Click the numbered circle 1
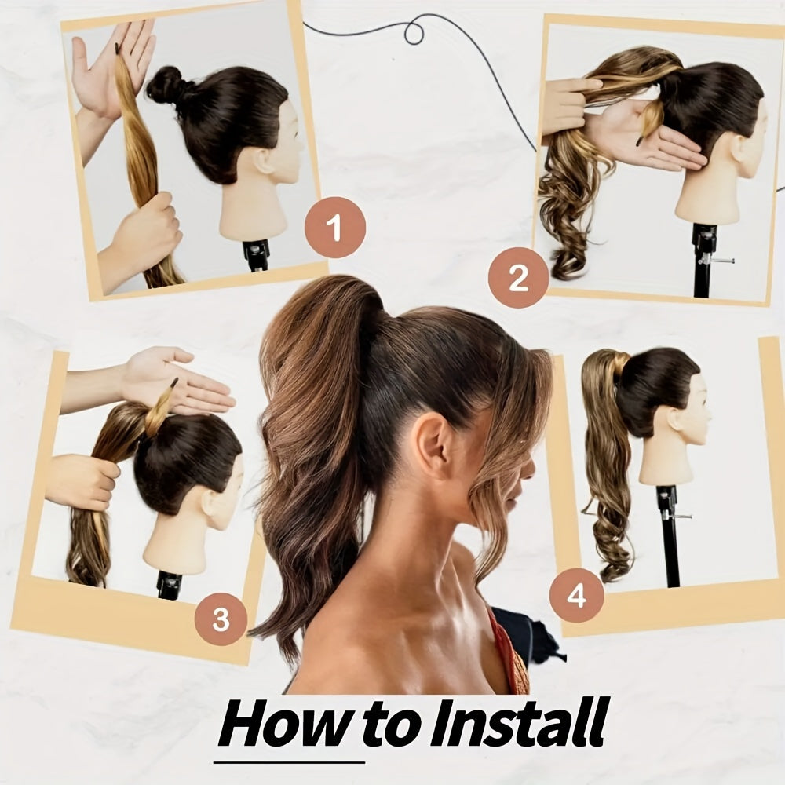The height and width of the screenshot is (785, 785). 335,228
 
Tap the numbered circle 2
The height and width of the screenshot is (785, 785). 518,277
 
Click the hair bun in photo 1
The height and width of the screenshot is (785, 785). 164,86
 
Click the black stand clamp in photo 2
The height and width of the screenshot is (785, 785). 705,243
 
